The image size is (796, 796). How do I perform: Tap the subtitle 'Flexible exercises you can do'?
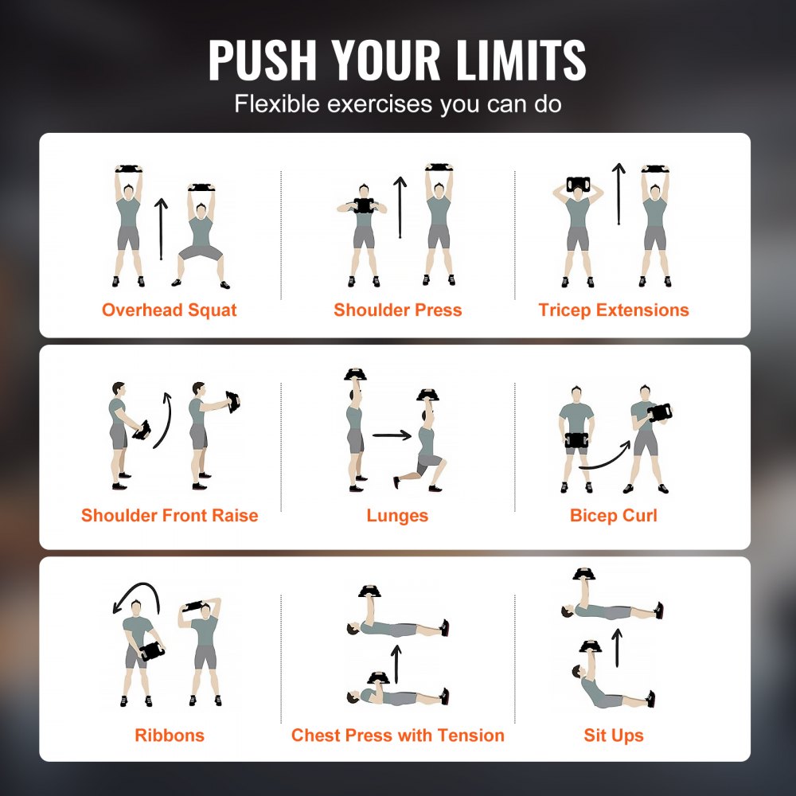(398, 104)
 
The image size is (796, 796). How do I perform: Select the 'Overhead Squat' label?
(169, 310)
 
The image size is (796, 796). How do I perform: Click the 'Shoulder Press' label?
(398, 310)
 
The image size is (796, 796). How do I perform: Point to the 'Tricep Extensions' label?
(614, 310)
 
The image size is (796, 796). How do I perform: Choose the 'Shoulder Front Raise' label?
(170, 516)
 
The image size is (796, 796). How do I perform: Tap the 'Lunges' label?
(397, 516)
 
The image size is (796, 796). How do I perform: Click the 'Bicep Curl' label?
(614, 516)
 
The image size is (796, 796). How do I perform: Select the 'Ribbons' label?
(169, 735)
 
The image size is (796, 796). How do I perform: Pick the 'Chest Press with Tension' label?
(398, 735)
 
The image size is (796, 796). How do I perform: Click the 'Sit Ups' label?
(614, 735)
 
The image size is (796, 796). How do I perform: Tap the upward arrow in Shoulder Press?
(400, 207)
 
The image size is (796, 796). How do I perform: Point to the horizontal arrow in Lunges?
(391, 435)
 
